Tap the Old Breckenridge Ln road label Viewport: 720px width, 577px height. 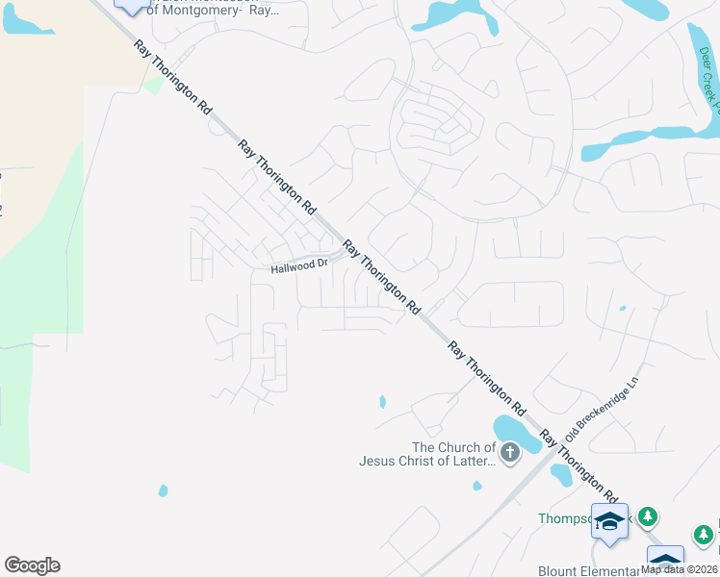point(603,406)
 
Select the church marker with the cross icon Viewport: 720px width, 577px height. point(509,452)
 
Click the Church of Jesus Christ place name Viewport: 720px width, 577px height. point(427,454)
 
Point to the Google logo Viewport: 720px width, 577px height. point(33,565)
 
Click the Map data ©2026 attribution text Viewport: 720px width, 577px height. point(679,568)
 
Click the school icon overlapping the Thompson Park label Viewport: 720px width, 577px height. point(608,519)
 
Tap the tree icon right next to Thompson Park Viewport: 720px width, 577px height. point(649,517)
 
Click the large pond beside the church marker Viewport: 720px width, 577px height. point(515,435)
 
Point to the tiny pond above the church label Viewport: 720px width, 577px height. point(383,401)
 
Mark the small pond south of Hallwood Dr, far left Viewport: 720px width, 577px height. point(163,490)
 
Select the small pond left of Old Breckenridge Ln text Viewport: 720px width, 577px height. point(623,309)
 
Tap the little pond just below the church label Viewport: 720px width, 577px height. point(477,486)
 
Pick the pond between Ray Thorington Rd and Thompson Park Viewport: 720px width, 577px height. point(561,475)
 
